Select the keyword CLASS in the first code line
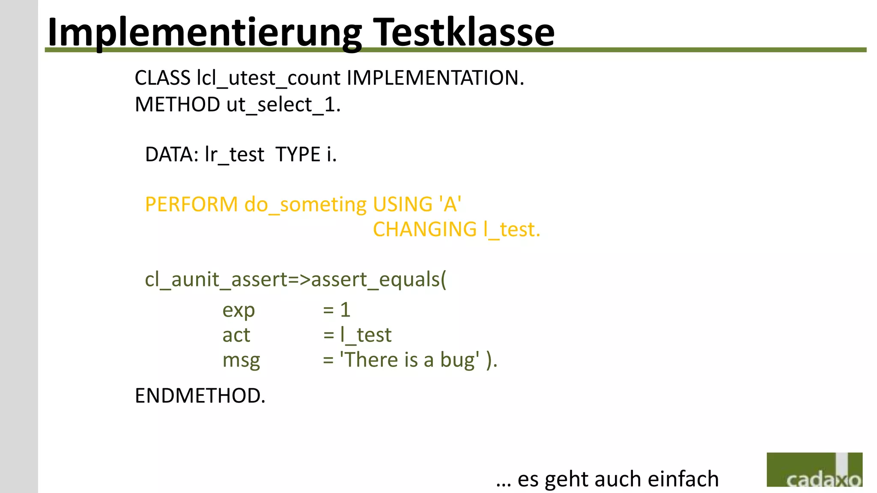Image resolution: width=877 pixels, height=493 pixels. (x=162, y=78)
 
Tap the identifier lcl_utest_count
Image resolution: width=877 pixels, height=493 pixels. (x=268, y=78)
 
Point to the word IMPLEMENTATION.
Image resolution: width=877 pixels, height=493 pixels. (x=435, y=78)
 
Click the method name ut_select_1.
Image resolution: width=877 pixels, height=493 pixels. (x=283, y=104)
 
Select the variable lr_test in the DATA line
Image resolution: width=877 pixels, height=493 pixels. (x=234, y=154)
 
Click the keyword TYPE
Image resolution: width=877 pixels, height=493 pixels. (x=298, y=154)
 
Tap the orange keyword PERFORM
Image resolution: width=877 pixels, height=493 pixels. (x=191, y=204)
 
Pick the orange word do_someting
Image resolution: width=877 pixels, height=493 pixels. (x=305, y=204)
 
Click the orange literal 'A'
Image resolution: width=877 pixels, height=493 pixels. (x=450, y=204)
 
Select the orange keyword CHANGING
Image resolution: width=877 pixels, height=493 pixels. (x=424, y=229)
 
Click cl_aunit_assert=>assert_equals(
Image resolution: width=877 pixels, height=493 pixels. (x=295, y=279)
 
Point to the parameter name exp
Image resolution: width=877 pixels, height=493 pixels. (x=239, y=310)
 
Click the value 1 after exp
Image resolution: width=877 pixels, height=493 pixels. (x=345, y=310)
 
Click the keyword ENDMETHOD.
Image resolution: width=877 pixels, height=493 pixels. (x=200, y=395)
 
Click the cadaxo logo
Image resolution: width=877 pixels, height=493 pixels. (x=814, y=469)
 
